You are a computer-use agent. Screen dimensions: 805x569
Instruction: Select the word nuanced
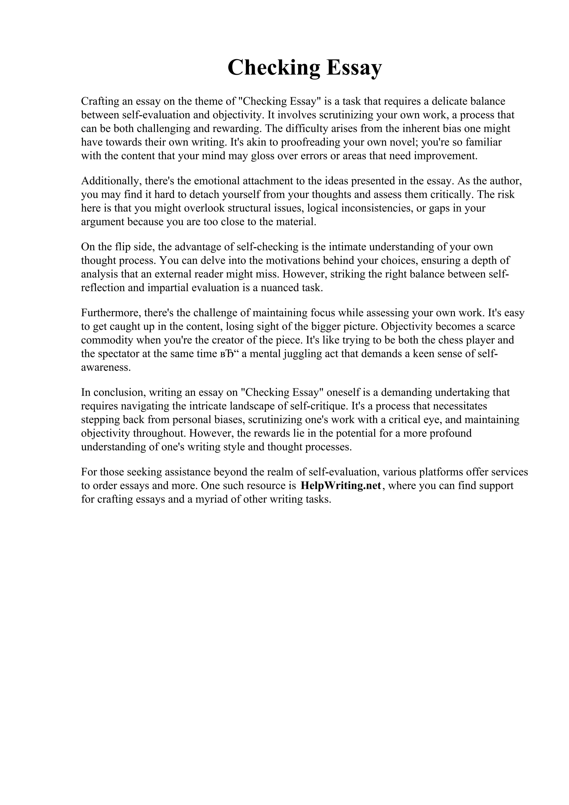pos(280,287)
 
